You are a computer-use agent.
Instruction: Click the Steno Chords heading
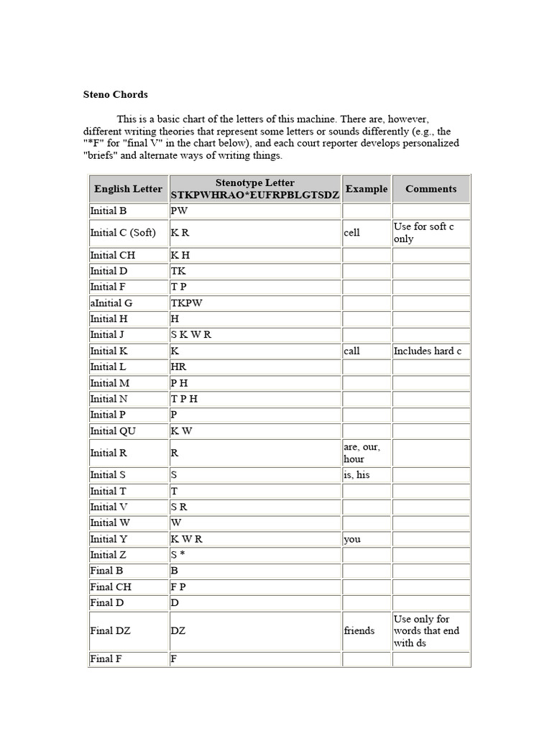coord(116,94)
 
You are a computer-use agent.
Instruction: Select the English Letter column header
coord(128,189)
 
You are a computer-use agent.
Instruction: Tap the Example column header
coord(367,189)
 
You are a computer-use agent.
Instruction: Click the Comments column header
coord(431,189)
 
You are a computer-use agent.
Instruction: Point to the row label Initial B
coord(109,211)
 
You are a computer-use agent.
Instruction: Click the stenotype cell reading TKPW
coord(187,303)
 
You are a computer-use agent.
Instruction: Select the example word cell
coord(351,233)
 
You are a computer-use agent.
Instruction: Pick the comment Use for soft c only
coord(424,233)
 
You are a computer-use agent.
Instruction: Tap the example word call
coord(351,351)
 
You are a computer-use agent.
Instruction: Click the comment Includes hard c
coord(428,351)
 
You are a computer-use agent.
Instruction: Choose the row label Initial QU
coord(113,431)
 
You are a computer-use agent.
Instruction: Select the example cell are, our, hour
coord(362,453)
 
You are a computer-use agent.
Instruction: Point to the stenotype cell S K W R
coord(191,334)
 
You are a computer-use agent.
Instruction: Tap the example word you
coord(352,539)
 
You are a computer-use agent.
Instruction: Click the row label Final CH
coord(111,586)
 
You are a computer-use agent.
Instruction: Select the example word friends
coord(359,630)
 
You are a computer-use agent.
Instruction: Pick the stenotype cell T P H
coord(184,399)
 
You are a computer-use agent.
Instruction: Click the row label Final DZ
coord(111,630)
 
